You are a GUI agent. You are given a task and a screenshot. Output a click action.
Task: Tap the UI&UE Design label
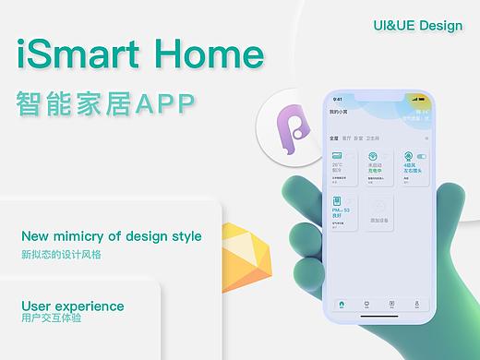click(417, 25)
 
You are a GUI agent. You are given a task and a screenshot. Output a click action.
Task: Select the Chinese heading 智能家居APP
click(106, 103)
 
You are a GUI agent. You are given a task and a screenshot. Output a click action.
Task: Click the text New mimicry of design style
click(111, 236)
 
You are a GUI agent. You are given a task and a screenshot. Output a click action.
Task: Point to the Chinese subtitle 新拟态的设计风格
click(60, 254)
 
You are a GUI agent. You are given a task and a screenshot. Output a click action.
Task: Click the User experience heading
click(72, 306)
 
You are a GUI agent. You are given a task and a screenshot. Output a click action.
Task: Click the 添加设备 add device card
click(378, 211)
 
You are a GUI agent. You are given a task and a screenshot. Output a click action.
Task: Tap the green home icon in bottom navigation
click(342, 304)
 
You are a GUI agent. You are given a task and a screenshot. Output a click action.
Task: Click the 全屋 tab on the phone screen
click(333, 137)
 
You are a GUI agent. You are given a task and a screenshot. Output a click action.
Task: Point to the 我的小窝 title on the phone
click(340, 112)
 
